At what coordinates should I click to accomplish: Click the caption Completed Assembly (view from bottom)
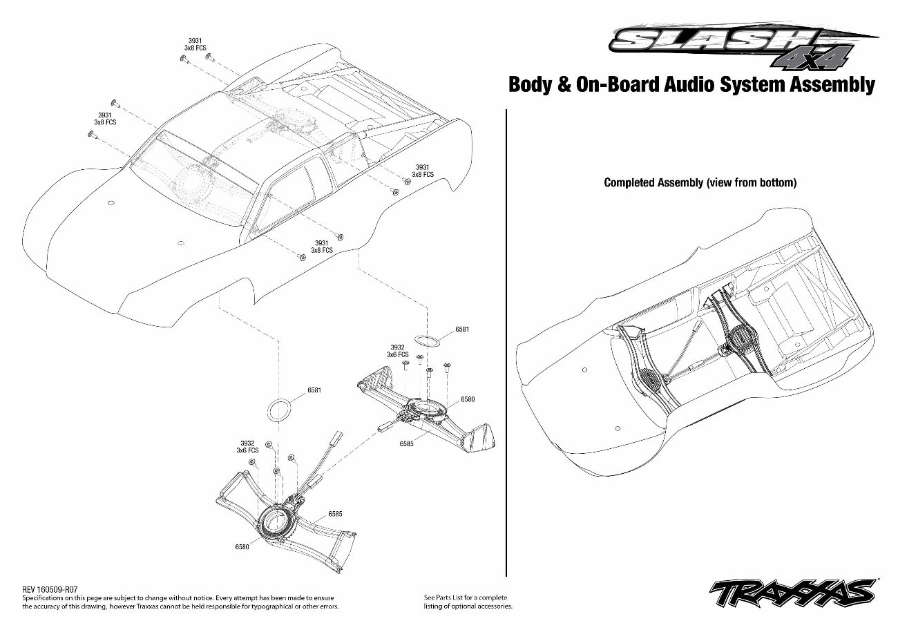(x=700, y=182)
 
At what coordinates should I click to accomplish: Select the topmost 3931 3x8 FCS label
(x=195, y=44)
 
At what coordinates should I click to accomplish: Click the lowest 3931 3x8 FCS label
(x=321, y=247)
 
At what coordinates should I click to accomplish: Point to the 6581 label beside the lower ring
(x=314, y=390)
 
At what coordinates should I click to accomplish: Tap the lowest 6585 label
(x=335, y=513)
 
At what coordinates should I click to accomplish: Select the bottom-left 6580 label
(x=242, y=547)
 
